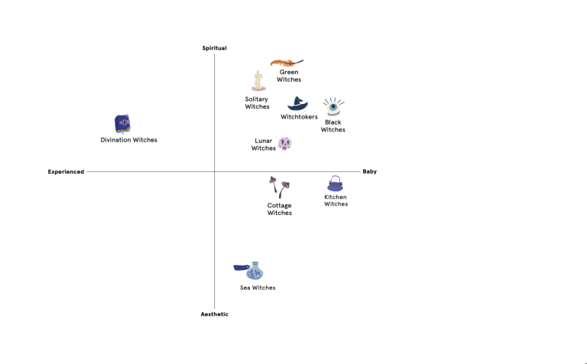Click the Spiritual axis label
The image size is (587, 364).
coord(214,48)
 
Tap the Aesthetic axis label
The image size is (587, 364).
coord(214,314)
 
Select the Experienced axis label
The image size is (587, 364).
coord(66,172)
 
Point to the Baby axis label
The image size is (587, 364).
coord(369,172)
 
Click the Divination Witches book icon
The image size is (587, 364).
coord(122,124)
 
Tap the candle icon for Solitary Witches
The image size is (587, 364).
coord(258,81)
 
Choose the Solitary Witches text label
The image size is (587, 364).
coord(257,102)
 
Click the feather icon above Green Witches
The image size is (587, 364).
coord(286,62)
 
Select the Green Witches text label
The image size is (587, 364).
coord(289,76)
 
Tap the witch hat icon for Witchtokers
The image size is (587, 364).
coord(297,104)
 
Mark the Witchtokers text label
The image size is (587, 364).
coord(299,117)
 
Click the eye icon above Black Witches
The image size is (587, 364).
coord(332,106)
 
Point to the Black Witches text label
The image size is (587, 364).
coord(333,126)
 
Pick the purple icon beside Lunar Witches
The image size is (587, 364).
coord(284,143)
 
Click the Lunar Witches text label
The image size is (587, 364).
coord(264,145)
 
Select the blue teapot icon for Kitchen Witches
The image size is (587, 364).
coord(336,184)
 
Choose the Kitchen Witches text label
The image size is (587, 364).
coord(336,200)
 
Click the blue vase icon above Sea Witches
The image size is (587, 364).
coord(253,271)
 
